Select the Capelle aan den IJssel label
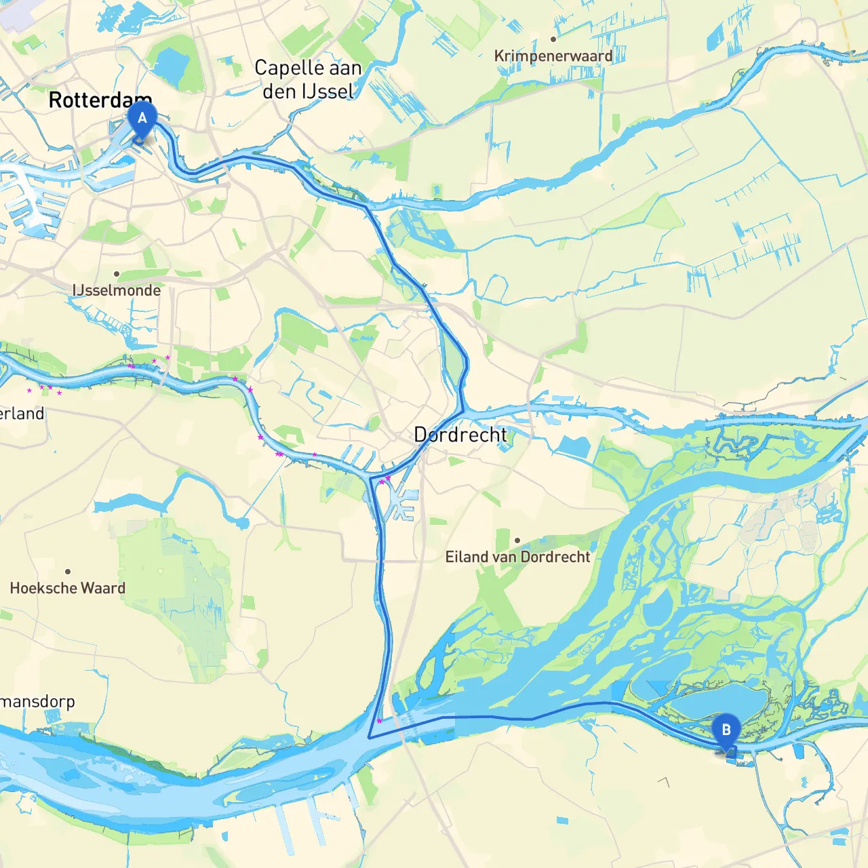(x=308, y=79)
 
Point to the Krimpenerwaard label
(x=553, y=56)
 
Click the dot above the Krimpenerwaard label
(x=553, y=39)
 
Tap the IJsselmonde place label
(x=117, y=290)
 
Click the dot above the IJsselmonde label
(x=117, y=274)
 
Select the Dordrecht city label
(x=460, y=435)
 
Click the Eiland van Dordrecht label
(x=517, y=557)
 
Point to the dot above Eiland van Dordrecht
(x=517, y=540)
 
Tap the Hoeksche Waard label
(x=68, y=588)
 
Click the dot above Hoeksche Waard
(x=68, y=572)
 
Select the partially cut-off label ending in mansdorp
(x=37, y=701)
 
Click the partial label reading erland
(x=22, y=414)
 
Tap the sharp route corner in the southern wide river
(x=369, y=737)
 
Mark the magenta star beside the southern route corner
(x=379, y=721)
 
